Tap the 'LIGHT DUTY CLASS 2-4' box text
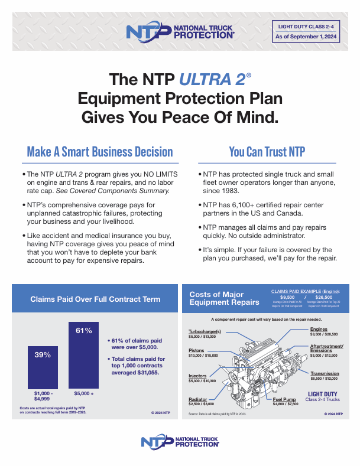[x=306, y=25]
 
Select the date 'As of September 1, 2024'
[x=306, y=37]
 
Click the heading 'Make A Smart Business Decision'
[x=100, y=152]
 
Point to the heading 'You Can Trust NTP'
[x=267, y=152]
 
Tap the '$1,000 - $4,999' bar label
[x=43, y=395]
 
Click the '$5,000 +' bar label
[x=83, y=392]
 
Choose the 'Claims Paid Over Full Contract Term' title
[x=95, y=299]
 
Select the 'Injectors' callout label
[x=197, y=376]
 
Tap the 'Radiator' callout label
[x=198, y=400]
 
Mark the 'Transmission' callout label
[x=325, y=373]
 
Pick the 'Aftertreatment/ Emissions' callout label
[x=326, y=348]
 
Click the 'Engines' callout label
[x=319, y=329]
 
